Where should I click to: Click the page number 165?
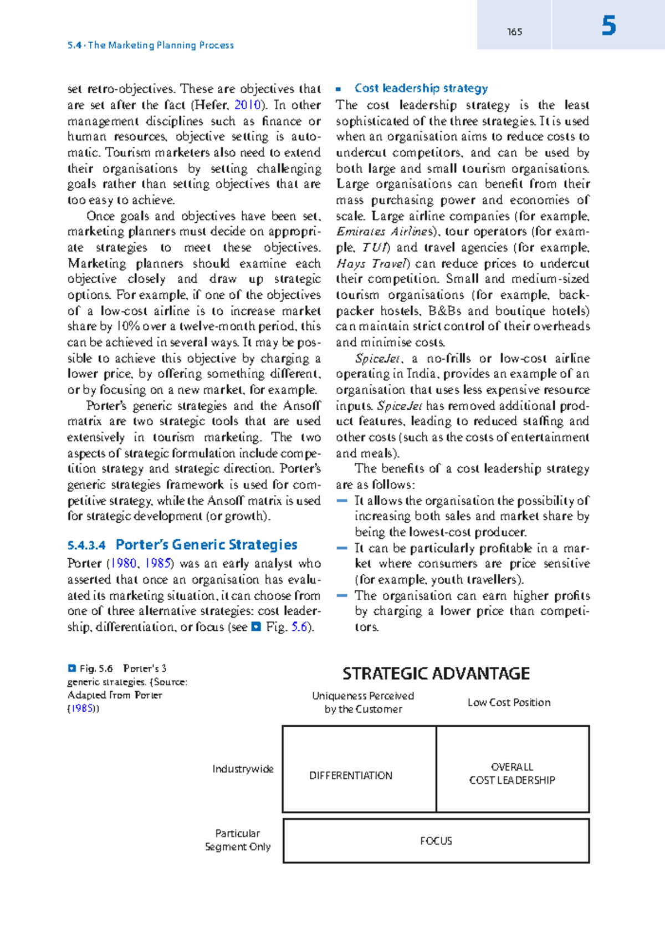(514, 32)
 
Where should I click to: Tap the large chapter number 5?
(608, 26)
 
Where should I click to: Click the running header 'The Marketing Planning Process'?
(161, 45)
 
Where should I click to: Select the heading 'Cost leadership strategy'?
(421, 88)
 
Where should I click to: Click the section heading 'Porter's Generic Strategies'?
(206, 545)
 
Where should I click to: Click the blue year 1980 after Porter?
(124, 563)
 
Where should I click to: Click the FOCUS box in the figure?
(436, 841)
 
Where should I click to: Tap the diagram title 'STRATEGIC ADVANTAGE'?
(436, 674)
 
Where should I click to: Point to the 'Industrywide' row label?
(243, 769)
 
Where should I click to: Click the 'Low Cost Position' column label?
(509, 702)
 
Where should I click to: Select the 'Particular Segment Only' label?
(238, 840)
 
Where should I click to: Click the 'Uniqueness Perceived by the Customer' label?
(363, 702)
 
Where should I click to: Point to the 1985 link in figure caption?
(82, 708)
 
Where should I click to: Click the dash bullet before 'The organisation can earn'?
(342, 595)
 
